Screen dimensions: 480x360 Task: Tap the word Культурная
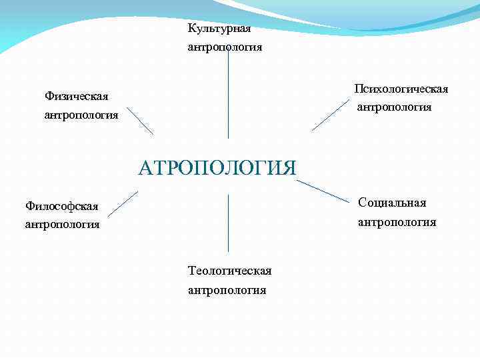(x=219, y=29)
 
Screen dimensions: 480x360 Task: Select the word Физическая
(x=76, y=97)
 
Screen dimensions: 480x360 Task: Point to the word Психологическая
(x=401, y=89)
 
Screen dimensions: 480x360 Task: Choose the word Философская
(x=61, y=205)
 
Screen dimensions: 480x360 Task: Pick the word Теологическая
(x=230, y=271)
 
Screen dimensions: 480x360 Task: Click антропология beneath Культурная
(x=225, y=47)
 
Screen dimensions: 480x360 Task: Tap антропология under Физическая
(x=81, y=115)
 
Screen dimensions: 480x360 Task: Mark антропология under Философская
(x=62, y=225)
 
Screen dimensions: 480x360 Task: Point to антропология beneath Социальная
(x=397, y=222)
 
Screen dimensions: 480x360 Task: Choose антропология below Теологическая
(x=227, y=290)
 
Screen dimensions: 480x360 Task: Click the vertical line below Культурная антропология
(x=228, y=93)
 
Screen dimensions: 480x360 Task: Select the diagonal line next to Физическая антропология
(x=139, y=121)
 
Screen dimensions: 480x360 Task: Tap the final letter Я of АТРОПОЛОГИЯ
(x=288, y=166)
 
